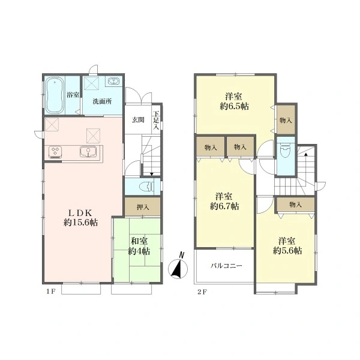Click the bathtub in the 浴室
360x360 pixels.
[54, 95]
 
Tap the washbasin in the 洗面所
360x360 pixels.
[113, 82]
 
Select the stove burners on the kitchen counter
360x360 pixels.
[55, 152]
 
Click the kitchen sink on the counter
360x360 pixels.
[88, 152]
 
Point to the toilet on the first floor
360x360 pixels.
[147, 186]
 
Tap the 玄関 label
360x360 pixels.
[138, 119]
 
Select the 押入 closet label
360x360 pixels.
[143, 207]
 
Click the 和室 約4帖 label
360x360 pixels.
[139, 247]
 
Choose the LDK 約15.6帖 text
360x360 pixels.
[80, 218]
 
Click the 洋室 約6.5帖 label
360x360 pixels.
[234, 101]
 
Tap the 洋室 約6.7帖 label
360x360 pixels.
[224, 202]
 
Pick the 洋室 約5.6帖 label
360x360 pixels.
[287, 245]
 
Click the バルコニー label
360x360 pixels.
[226, 266]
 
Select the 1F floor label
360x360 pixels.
[51, 292]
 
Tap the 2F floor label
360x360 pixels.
[202, 292]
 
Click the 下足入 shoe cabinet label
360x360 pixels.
[156, 120]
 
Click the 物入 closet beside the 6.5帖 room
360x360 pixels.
[286, 119]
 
